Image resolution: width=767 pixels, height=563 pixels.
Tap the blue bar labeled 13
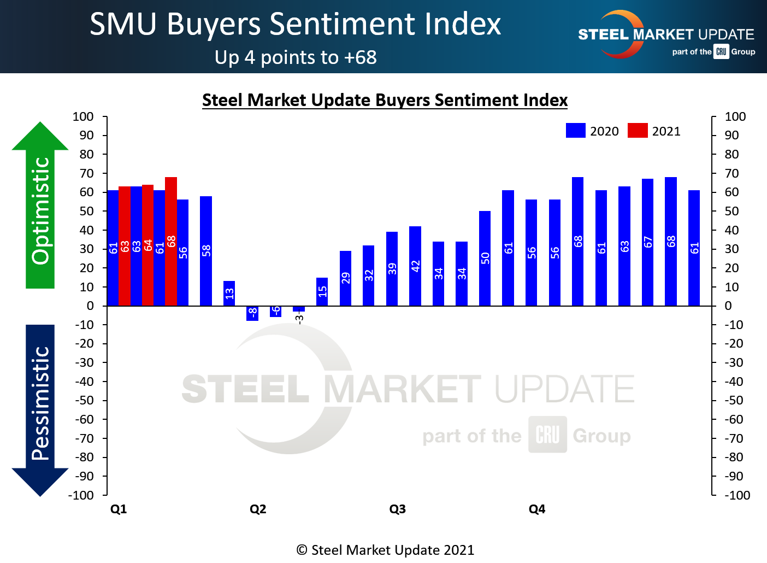coord(229,294)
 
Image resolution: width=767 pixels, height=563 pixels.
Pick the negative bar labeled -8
coord(252,313)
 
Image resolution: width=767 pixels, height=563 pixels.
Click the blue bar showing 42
coord(415,266)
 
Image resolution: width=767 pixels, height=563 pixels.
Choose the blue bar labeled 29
coord(345,278)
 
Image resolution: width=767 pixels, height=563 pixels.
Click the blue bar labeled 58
coord(206,251)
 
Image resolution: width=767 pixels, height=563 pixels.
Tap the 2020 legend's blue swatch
coord(576,131)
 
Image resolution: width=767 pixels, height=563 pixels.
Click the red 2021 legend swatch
coord(638,131)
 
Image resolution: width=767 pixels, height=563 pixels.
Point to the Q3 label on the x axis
coord(397,509)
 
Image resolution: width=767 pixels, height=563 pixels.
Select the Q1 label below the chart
coord(119,509)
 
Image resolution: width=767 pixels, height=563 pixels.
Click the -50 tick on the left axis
coord(84,400)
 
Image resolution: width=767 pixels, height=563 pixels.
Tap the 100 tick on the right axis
coord(735,116)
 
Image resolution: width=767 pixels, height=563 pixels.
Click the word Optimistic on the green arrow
coord(41,210)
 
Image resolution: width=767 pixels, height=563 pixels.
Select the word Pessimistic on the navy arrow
coord(41,403)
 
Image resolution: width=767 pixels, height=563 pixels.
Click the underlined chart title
coord(385,101)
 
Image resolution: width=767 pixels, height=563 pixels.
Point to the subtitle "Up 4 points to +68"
coord(296,57)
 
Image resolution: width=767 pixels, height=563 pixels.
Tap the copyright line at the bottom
coord(385,550)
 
